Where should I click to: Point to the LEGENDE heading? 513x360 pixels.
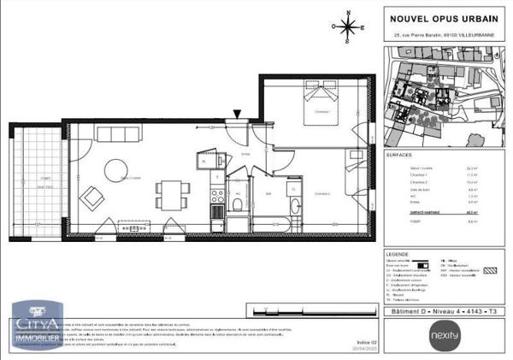[398, 254]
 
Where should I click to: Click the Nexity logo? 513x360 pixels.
[451, 333]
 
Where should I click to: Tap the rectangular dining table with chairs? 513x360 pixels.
[174, 194]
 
